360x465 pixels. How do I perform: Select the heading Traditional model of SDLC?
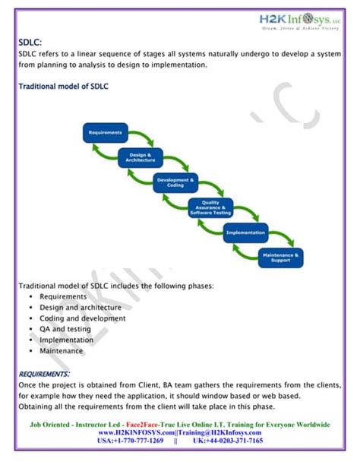coord(63,87)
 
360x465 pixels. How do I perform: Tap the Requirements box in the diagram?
coord(106,133)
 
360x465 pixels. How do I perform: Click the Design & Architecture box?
coord(141,157)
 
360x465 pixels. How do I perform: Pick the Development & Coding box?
coord(175,182)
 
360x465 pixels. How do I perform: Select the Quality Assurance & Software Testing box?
coord(210,208)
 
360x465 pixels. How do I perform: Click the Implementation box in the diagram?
coord(245,232)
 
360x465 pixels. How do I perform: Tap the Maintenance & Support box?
coord(281,258)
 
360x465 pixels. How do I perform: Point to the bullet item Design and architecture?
coord(81,308)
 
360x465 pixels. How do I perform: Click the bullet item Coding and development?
coord(83,318)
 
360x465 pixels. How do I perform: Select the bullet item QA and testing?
coord(65,329)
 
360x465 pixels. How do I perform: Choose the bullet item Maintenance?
coord(62,351)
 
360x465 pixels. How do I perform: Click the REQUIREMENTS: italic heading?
coord(44,374)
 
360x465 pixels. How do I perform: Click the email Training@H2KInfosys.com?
coord(218,432)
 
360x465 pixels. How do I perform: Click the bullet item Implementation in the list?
coord(67,340)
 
